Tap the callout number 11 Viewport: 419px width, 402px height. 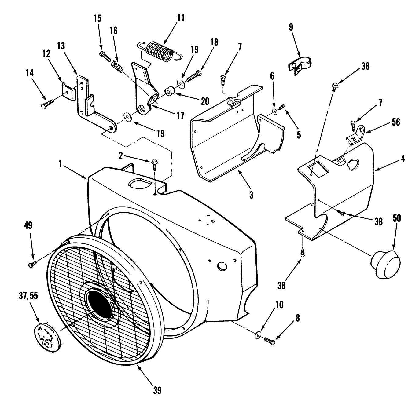coord(181,18)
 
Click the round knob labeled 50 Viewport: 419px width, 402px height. coord(386,263)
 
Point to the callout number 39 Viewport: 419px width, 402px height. coord(157,390)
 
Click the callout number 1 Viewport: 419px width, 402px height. coord(60,164)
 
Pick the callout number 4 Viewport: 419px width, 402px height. coord(403,159)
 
